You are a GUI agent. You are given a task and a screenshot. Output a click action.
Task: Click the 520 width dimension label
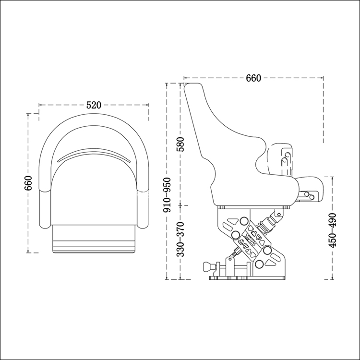[94, 105]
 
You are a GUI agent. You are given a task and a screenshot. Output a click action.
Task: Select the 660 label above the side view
[253, 78]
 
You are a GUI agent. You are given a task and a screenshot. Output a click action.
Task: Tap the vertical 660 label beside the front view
[28, 183]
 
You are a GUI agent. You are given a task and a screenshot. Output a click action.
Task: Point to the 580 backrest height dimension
[180, 144]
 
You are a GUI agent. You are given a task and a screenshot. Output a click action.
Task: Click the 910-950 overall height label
[167, 195]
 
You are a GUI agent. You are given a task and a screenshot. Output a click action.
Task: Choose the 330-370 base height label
[180, 239]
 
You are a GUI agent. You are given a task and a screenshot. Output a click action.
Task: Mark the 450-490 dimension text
[332, 230]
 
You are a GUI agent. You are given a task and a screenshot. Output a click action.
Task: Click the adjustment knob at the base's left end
[208, 267]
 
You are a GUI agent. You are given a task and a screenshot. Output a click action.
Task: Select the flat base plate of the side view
[247, 278]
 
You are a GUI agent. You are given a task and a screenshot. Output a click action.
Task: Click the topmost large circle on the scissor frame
[243, 221]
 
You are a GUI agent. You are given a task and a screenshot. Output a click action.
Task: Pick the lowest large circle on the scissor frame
[259, 264]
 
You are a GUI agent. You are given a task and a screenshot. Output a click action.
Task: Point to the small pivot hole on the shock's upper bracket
[279, 215]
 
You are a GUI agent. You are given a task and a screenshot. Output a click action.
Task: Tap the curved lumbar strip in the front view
[94, 155]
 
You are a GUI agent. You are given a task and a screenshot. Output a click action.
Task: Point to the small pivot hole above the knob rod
[229, 259]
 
